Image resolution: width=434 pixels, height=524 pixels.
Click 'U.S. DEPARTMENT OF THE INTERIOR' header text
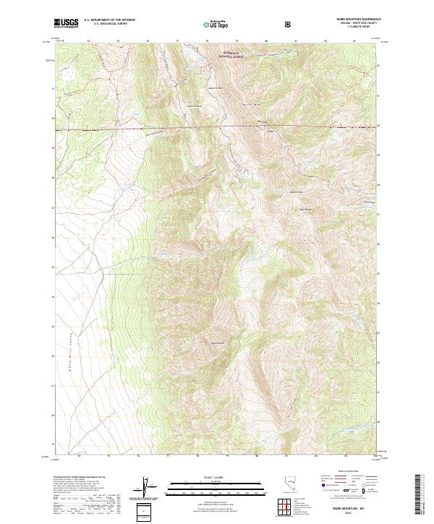tap(109, 20)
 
